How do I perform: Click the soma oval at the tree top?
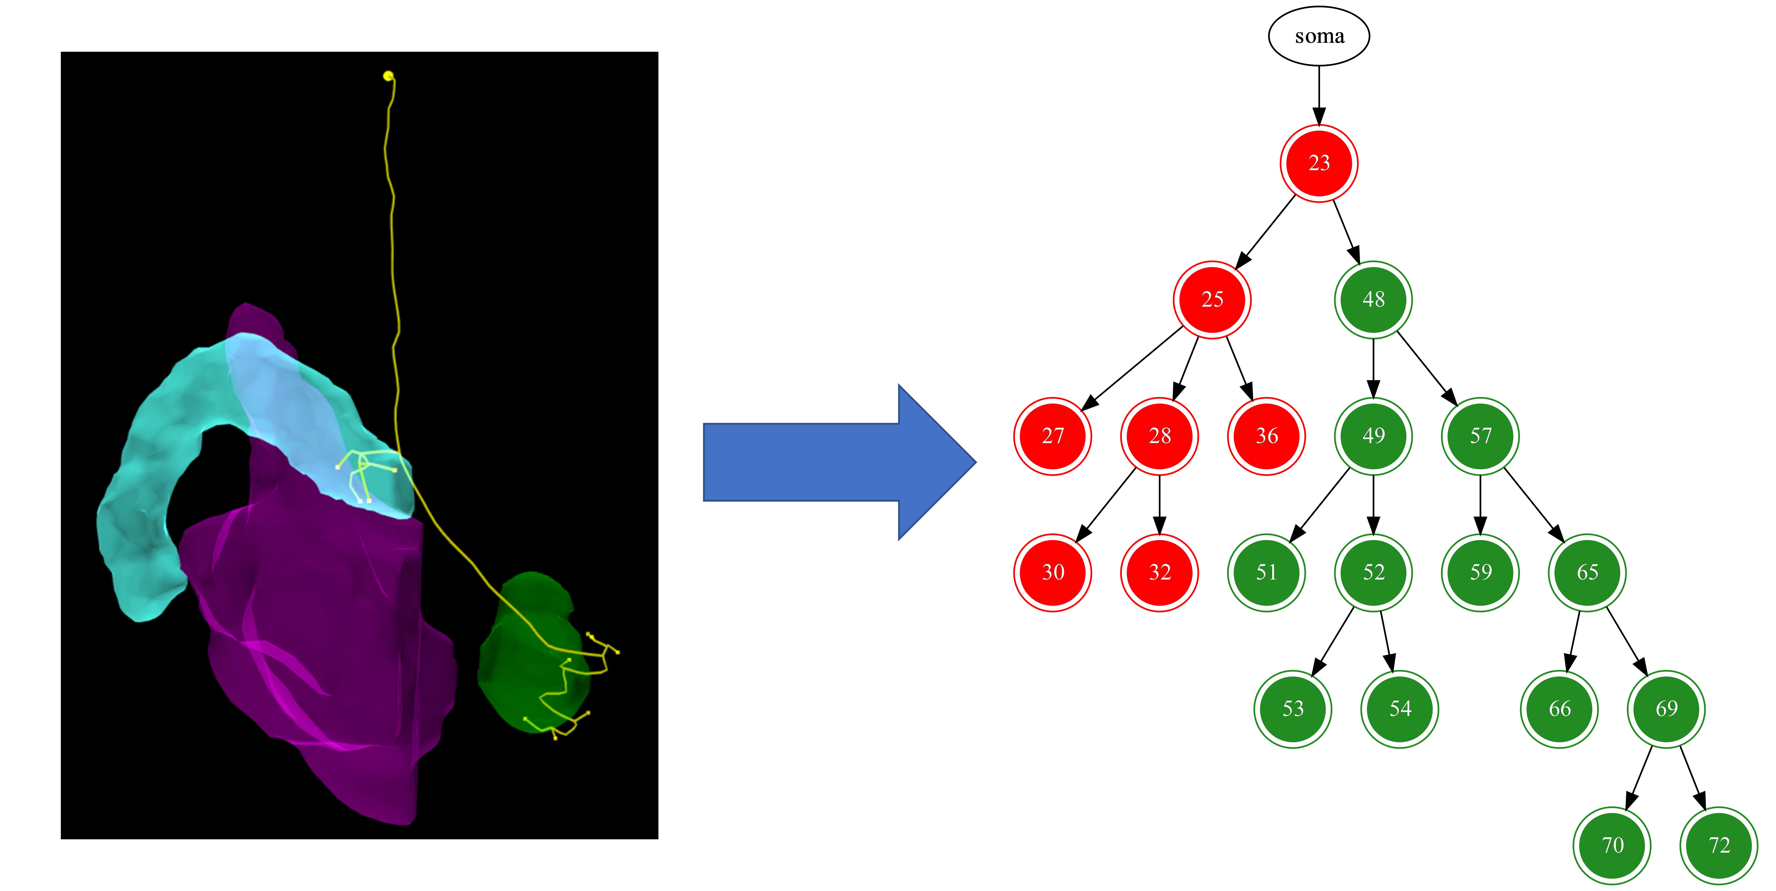1318,36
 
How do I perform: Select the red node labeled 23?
1318,163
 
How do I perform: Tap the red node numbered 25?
1211,300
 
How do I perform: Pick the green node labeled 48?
1373,300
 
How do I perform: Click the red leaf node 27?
1052,436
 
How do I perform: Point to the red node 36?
1266,436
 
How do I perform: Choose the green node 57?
1480,436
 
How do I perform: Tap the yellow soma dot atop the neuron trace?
388,76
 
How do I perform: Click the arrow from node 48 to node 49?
1373,369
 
